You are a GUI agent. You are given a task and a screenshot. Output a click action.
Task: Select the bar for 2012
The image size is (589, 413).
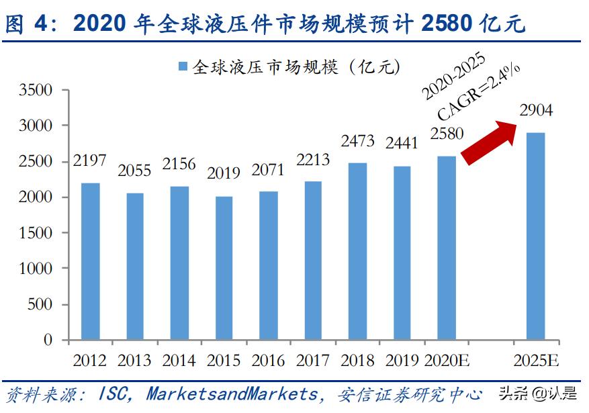pos(90,262)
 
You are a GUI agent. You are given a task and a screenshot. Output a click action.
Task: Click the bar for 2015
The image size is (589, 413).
pos(224,268)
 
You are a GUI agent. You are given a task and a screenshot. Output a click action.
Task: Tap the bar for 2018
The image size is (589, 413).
pos(357,251)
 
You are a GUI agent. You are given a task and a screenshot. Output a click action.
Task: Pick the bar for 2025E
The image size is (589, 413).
pos(535,236)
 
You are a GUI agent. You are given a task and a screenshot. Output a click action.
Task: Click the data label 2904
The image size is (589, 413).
pos(535,110)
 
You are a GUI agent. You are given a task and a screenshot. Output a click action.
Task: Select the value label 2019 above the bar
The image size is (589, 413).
pos(224,173)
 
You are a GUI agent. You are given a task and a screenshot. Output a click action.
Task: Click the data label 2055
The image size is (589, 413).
pos(135,171)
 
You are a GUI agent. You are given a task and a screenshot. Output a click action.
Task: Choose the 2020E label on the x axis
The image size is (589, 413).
pos(447,361)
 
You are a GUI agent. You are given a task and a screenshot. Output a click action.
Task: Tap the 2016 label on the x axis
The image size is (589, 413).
pos(269,361)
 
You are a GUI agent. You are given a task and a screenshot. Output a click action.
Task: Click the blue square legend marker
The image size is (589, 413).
pos(182,66)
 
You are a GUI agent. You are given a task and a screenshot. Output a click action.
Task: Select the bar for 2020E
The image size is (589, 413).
pos(447,248)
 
